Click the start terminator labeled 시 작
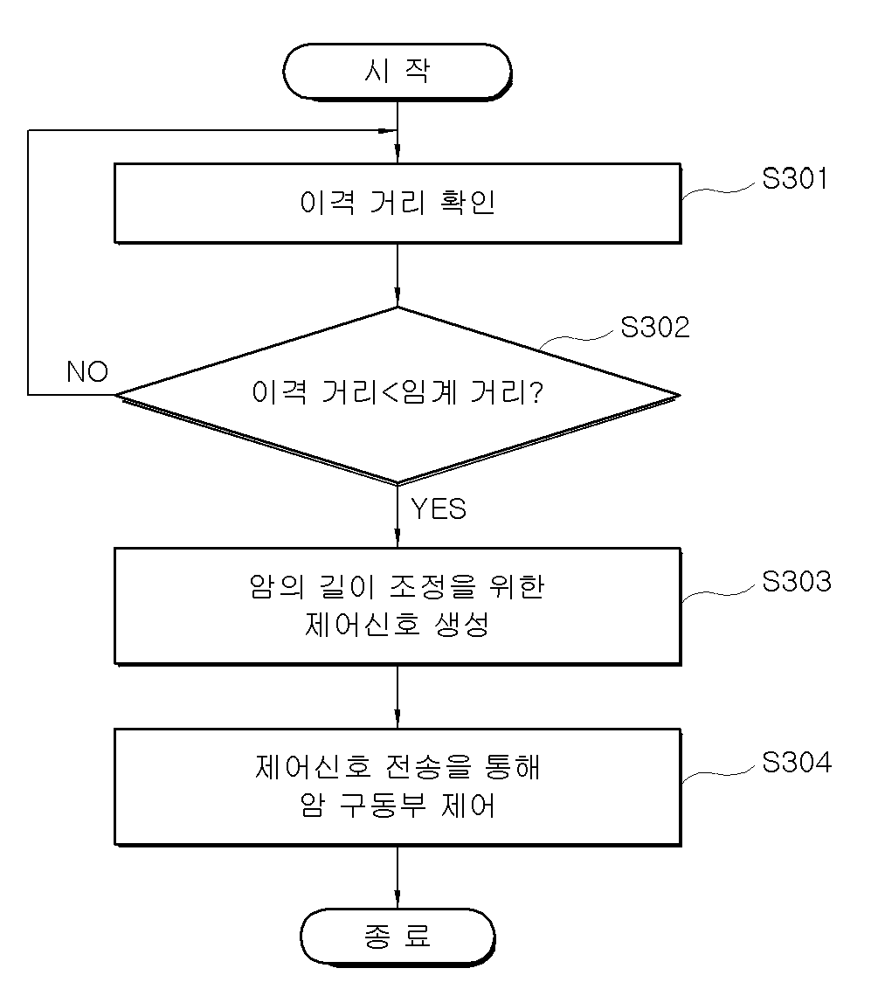click(398, 72)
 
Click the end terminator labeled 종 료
click(398, 937)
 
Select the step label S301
click(795, 178)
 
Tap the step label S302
click(655, 327)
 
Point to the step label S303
click(796, 581)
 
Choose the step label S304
click(797, 762)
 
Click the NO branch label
click(87, 371)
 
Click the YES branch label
click(439, 508)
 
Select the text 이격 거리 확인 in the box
click(398, 203)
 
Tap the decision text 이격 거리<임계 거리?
click(398, 392)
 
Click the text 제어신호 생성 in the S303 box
click(398, 625)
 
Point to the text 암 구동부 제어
click(398, 806)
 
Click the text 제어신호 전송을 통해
click(398, 767)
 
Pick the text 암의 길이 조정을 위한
click(398, 586)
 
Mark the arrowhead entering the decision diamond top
click(398, 298)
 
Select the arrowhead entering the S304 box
click(398, 720)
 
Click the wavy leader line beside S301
click(721, 190)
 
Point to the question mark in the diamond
click(536, 392)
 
